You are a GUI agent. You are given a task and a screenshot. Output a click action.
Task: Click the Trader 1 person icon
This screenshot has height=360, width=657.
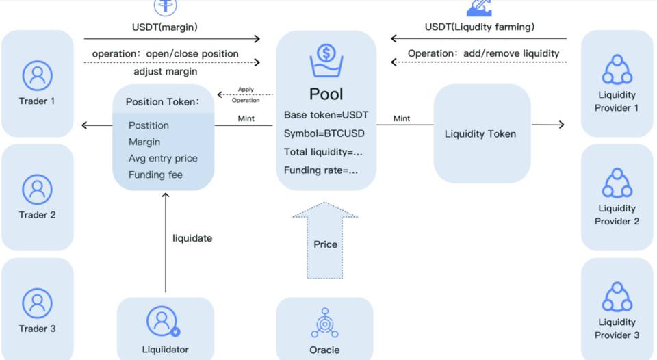37,75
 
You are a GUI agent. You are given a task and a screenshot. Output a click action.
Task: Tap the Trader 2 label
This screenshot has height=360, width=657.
37,215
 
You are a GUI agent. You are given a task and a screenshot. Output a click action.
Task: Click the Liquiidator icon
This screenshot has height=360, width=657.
162,321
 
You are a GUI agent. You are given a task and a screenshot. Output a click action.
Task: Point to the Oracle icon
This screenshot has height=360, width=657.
324,322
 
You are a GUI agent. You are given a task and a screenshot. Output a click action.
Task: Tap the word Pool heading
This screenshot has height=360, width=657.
326,94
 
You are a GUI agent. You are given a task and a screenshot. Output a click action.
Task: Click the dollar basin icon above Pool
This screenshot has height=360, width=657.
326,60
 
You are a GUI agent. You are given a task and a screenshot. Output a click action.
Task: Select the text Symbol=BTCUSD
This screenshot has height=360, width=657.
324,133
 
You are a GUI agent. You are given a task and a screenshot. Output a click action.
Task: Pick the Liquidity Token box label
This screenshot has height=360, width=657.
480,134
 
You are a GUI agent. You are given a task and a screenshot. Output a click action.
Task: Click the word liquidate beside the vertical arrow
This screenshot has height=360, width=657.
192,238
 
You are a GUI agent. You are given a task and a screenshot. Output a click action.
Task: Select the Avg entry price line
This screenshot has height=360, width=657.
163,158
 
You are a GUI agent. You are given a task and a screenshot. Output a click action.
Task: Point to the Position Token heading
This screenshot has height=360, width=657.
162,102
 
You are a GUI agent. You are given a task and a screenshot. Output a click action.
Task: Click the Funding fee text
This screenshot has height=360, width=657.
155,175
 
